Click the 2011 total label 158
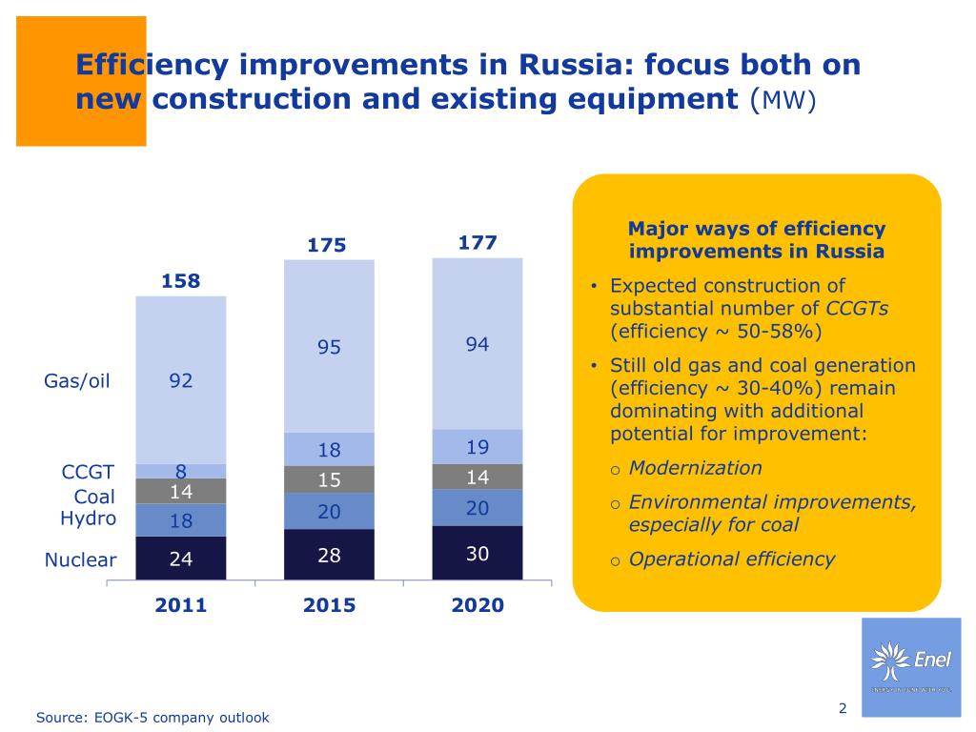(181, 281)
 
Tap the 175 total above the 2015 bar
(329, 245)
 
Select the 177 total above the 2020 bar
(478, 243)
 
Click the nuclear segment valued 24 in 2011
(181, 559)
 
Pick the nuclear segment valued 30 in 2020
(478, 553)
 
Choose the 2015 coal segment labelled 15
(329, 479)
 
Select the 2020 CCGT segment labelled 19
(478, 447)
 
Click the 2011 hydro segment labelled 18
(181, 520)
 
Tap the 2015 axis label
(329, 605)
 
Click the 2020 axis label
(478, 605)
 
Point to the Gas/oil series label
(78, 381)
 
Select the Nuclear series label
(80, 560)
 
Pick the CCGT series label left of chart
(88, 472)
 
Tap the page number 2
(843, 707)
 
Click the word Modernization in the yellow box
(696, 468)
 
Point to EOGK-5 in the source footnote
(118, 717)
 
